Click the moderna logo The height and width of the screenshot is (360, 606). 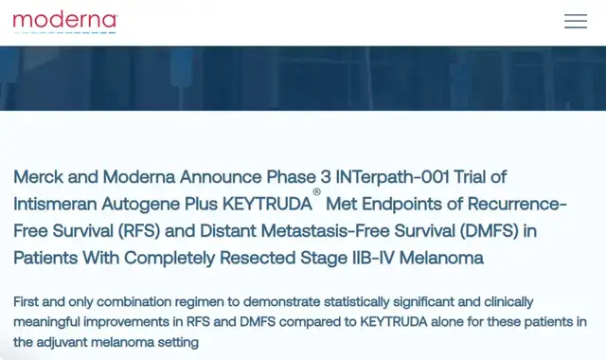pyautogui.click(x=65, y=23)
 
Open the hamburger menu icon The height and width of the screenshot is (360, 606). pyautogui.click(x=576, y=21)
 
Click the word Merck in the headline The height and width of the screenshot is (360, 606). pyautogui.click(x=38, y=177)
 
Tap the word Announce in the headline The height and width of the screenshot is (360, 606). pyautogui.click(x=221, y=177)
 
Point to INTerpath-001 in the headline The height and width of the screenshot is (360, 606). pyautogui.click(x=392, y=177)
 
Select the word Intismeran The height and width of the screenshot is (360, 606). pyautogui.click(x=55, y=204)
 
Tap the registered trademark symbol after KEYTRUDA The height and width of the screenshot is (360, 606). pyautogui.click(x=316, y=191)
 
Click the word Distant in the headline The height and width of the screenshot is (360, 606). pyautogui.click(x=227, y=231)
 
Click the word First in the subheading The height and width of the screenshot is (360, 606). pyautogui.click(x=26, y=301)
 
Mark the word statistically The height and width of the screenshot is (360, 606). pyautogui.click(x=356, y=302)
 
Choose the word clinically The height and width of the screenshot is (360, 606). pyautogui.click(x=508, y=302)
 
